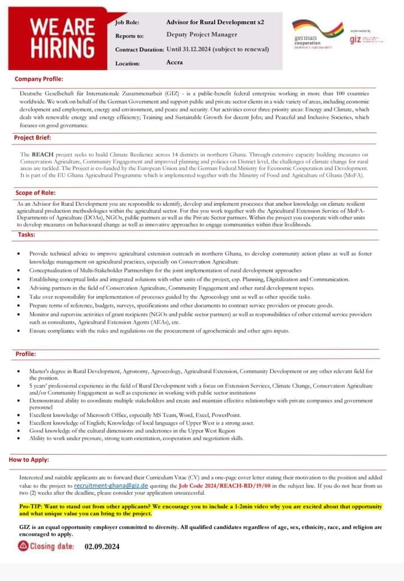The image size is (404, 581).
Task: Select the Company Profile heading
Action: pyautogui.click(x=39, y=79)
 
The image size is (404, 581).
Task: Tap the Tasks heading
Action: pyautogui.click(x=26, y=234)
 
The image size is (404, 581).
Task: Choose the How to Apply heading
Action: pyautogui.click(x=29, y=460)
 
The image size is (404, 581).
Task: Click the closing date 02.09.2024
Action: pyautogui.click(x=102, y=546)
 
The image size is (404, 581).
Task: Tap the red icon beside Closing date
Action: pyautogui.click(x=23, y=546)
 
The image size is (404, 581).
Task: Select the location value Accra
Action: pyautogui.click(x=175, y=62)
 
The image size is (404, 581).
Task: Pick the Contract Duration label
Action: pyautogui.click(x=139, y=49)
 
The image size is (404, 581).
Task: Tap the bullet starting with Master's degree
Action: pyautogui.click(x=201, y=371)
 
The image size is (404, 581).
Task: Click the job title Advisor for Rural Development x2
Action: pyautogui.click(x=215, y=22)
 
